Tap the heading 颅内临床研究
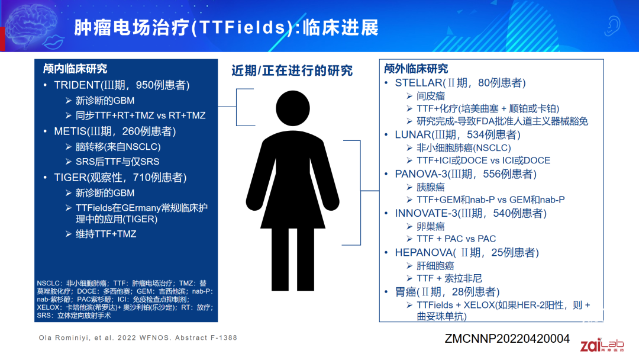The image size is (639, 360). point(75,69)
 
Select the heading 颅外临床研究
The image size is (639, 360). point(416,69)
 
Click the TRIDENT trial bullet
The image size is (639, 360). point(121,85)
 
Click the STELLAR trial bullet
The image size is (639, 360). point(460,83)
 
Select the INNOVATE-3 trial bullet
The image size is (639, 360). point(467,213)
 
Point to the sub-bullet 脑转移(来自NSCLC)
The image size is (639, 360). point(118,147)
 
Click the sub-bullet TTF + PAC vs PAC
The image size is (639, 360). point(456,239)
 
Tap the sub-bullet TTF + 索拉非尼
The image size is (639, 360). point(449,278)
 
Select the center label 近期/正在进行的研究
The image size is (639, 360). point(292,71)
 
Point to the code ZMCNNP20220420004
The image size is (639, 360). point(507,339)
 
